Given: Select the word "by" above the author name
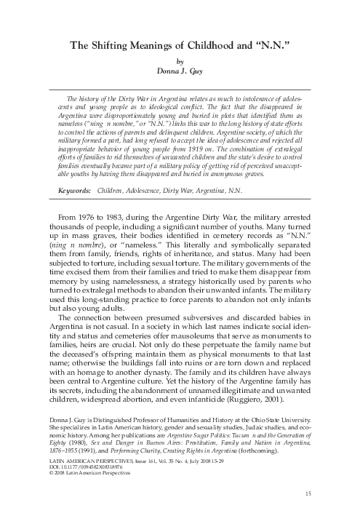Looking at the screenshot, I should click(180, 63).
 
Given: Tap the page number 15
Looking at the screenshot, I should click(308, 495).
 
